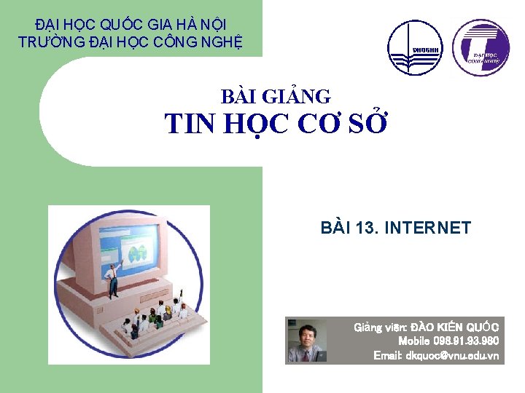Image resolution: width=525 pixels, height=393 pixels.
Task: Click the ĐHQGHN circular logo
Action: tap(414, 47)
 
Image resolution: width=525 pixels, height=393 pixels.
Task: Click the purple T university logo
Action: tap(481, 47)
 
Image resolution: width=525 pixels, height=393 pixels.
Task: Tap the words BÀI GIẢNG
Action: tap(276, 96)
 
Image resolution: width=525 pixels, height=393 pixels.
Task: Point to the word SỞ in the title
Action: tap(367, 124)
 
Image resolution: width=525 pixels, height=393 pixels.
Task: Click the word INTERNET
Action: tap(427, 229)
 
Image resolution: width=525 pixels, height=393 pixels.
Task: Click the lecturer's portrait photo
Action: tap(306, 341)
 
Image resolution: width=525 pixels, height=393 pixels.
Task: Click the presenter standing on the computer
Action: tap(113, 280)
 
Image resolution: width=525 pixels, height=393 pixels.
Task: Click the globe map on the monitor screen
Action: tap(137, 253)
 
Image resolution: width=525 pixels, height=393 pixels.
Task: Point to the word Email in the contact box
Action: tap(386, 355)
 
